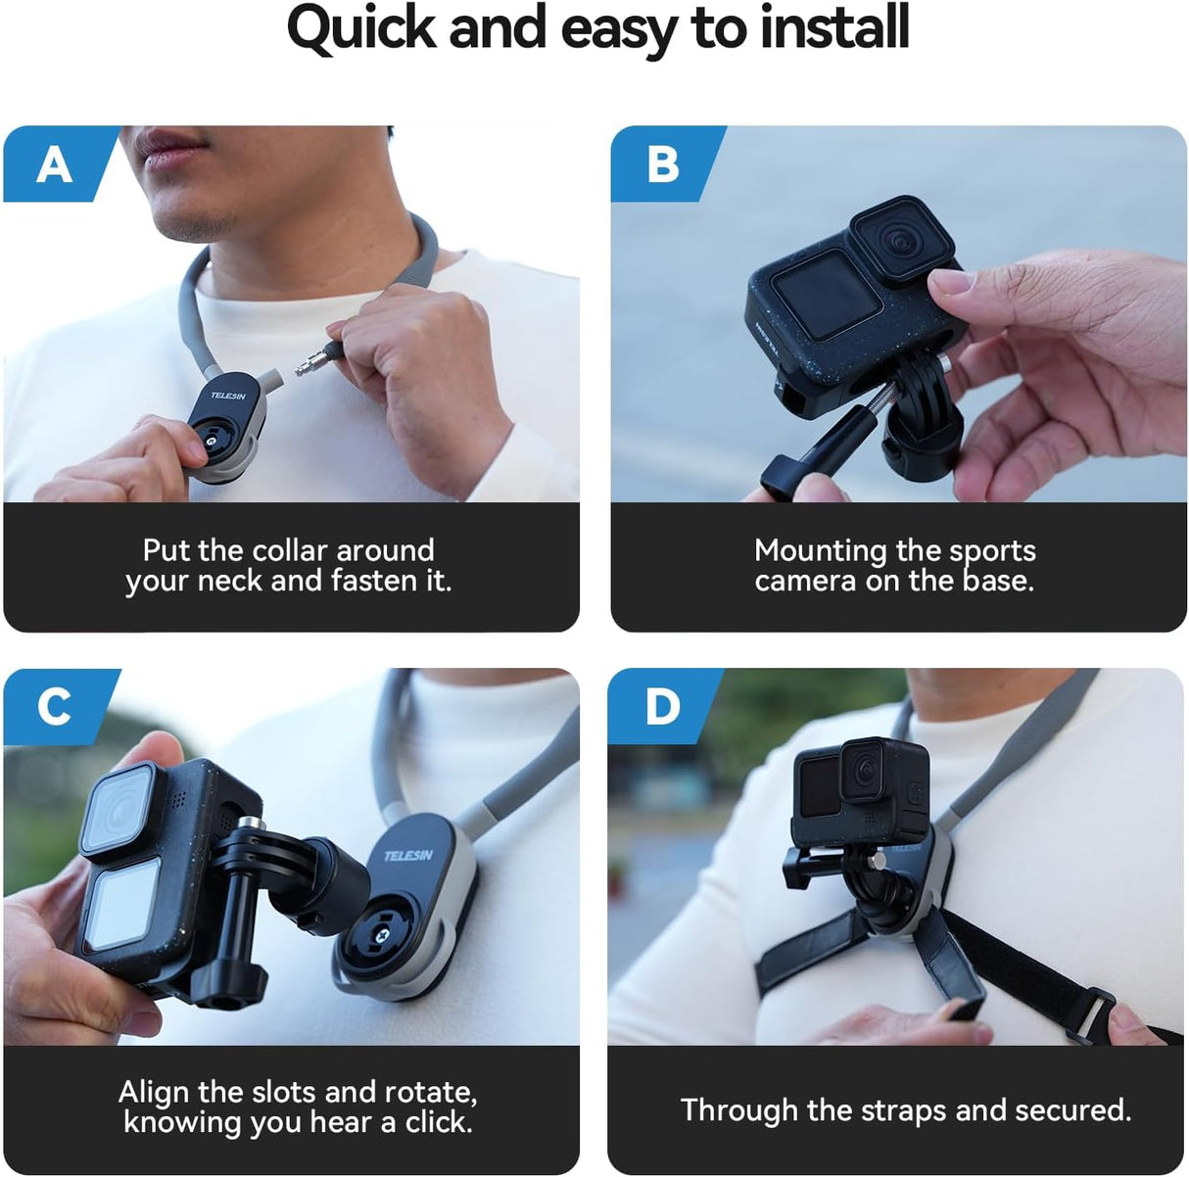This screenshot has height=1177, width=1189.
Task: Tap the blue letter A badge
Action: point(55,164)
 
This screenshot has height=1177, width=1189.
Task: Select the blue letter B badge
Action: point(663,164)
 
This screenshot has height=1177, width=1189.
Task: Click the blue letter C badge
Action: point(54,706)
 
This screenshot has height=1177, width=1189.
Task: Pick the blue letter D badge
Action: point(662,706)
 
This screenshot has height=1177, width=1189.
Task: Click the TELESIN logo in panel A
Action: point(227,396)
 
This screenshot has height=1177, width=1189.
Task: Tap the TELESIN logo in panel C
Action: point(408,855)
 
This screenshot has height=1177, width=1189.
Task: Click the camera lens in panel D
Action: point(866,773)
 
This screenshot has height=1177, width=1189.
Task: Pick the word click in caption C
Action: point(434,1122)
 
